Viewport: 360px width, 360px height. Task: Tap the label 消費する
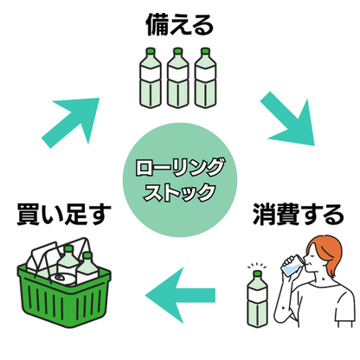[297, 214]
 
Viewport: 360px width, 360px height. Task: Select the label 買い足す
[64, 214]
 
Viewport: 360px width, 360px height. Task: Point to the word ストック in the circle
[179, 191]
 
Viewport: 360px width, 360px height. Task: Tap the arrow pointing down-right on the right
[289, 122]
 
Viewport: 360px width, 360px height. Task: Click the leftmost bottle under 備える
[153, 80]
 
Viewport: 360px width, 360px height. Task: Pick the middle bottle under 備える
[179, 80]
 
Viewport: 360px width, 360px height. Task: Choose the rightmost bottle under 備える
[205, 80]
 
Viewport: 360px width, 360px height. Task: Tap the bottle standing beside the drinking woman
[257, 299]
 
